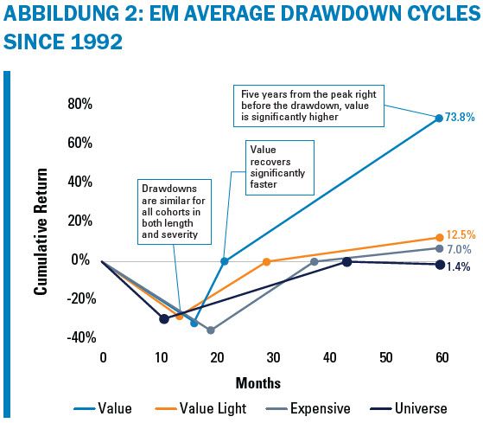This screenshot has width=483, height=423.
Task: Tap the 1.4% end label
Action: click(458, 266)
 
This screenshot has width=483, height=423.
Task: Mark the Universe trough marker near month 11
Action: click(164, 318)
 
